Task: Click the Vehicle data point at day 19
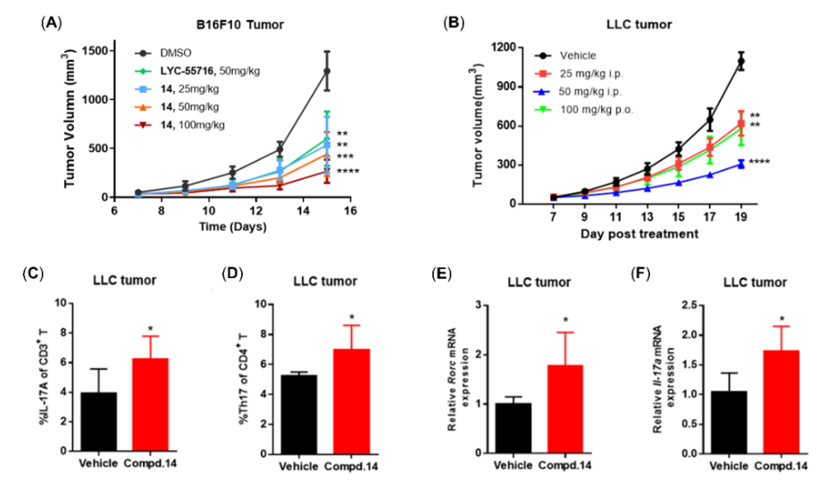point(740,61)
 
